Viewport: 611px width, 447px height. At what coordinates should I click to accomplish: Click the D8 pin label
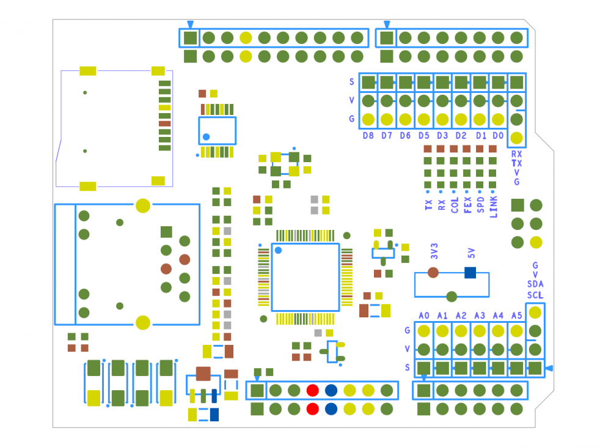(x=368, y=136)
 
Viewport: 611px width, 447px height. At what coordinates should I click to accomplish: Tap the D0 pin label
(x=499, y=136)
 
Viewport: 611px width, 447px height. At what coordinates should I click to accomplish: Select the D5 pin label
(x=424, y=136)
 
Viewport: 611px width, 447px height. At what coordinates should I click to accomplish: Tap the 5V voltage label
(x=470, y=252)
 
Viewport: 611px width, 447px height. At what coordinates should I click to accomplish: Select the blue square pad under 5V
(x=470, y=272)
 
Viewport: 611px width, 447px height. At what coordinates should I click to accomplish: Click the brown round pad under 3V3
(x=433, y=272)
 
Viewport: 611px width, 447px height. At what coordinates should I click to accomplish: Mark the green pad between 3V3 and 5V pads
(x=452, y=297)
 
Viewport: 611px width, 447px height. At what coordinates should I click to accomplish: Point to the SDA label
(x=535, y=284)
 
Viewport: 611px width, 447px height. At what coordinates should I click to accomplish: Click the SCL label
(x=535, y=295)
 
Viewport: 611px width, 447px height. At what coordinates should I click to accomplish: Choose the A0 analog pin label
(x=424, y=316)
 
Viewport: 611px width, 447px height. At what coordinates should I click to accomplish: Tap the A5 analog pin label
(x=517, y=316)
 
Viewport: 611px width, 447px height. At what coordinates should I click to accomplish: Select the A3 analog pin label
(x=480, y=316)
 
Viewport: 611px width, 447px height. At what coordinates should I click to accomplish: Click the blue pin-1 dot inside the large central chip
(x=279, y=250)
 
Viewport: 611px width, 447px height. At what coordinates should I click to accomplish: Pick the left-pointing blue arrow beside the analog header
(x=549, y=368)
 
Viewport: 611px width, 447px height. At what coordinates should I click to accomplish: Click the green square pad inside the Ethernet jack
(x=166, y=231)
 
